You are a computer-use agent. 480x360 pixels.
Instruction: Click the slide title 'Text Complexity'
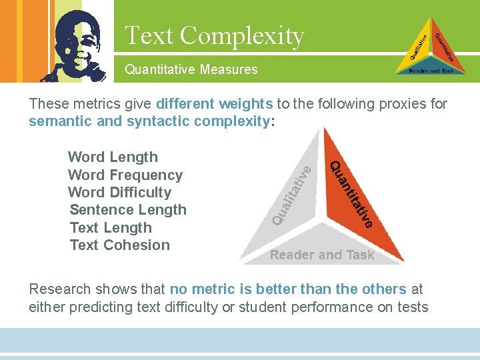[214, 35]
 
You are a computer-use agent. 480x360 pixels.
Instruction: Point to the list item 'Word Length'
[113, 157]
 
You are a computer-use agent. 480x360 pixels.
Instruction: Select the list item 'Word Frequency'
[125, 175]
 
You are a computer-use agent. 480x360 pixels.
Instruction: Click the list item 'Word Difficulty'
[119, 193]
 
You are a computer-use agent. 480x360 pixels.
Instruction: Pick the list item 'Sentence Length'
[128, 210]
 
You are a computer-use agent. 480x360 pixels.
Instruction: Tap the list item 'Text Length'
[111, 228]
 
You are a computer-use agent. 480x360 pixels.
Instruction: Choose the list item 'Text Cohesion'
[120, 245]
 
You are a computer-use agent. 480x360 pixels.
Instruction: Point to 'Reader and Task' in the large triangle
[322, 255]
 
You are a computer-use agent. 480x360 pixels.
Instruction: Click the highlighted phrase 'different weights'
[214, 104]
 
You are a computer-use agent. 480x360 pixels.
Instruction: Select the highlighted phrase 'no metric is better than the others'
[288, 289]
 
